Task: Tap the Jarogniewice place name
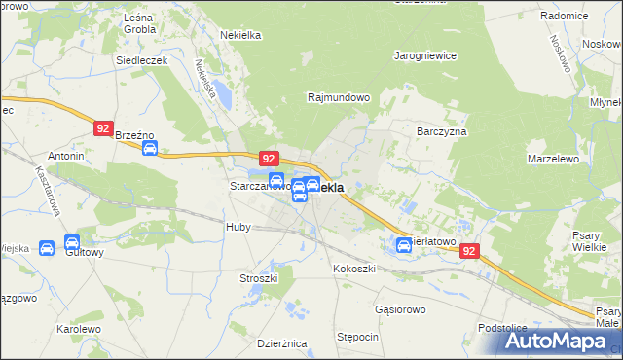click(425, 55)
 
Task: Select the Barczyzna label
click(442, 130)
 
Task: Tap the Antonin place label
click(66, 156)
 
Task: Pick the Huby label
click(238, 227)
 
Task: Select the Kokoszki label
click(352, 268)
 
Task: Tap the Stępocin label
click(357, 336)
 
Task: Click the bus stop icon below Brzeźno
click(149, 148)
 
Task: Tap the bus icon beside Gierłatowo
click(404, 245)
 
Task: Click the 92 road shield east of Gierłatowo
click(470, 251)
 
